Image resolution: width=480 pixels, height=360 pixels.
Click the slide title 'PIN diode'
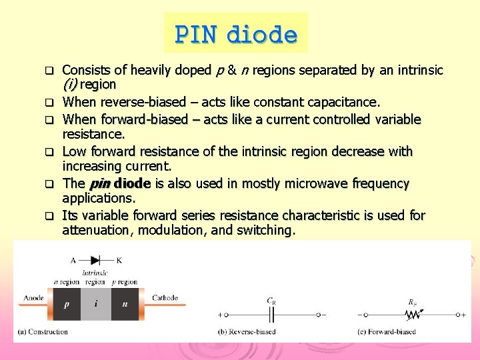coord(236,33)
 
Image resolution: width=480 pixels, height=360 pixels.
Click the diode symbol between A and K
coord(95,260)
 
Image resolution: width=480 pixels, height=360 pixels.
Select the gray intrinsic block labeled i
coord(97,304)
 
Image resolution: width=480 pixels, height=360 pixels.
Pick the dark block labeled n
coord(125,304)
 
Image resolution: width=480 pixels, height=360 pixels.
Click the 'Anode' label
coord(34,297)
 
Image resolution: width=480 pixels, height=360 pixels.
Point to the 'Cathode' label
coord(165,297)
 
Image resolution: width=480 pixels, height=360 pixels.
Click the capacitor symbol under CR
coord(271,314)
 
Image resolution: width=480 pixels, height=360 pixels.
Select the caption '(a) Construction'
coord(43,331)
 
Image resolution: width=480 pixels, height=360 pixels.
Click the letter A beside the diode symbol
coord(73,260)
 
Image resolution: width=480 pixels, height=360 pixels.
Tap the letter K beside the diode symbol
coord(119,260)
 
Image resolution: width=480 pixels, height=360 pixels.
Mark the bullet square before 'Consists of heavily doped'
coord(48,70)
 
